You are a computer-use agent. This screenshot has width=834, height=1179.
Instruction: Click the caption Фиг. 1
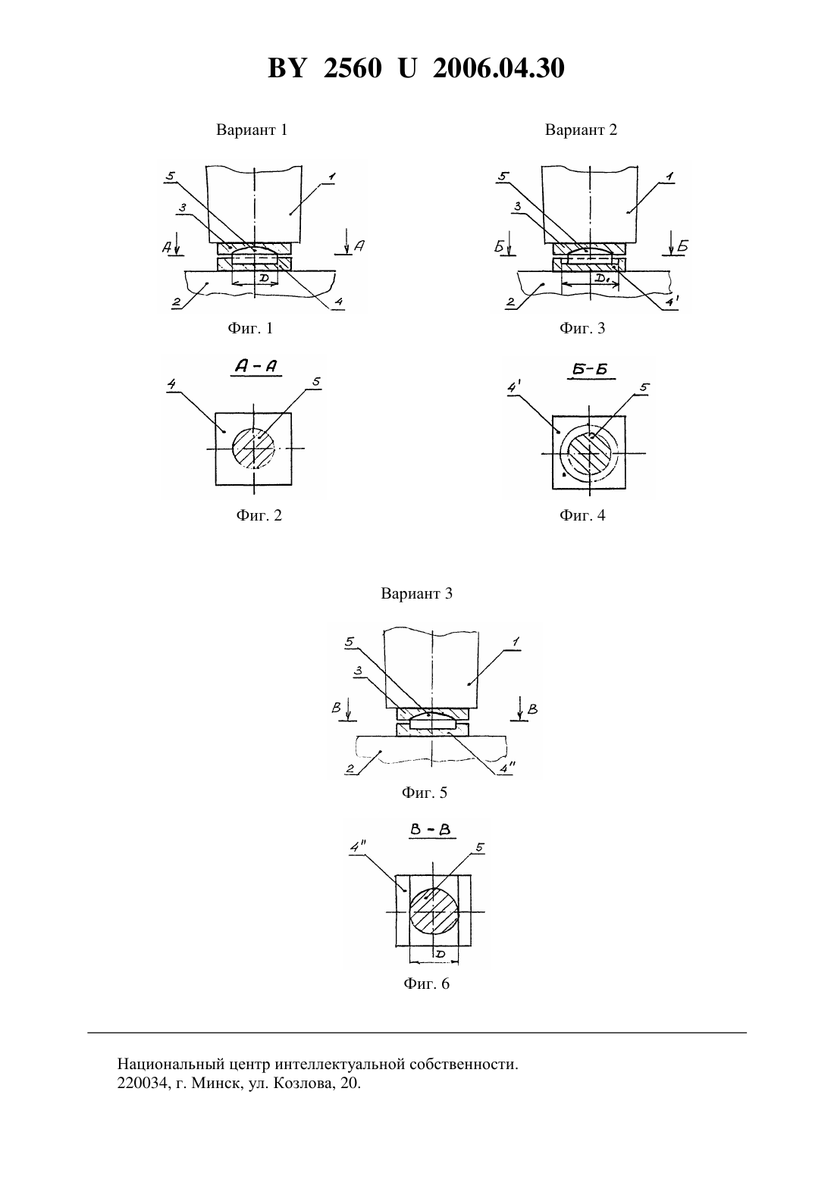[x=250, y=328]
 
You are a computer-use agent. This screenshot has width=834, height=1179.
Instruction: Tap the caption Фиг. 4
[x=582, y=514]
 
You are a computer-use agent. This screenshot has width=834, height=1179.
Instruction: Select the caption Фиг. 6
[x=426, y=984]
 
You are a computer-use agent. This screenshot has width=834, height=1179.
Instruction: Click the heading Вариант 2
[x=581, y=130]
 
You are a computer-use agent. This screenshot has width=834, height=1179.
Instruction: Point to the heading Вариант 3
[x=416, y=593]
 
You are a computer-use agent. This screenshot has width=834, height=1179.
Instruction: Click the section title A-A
[x=256, y=366]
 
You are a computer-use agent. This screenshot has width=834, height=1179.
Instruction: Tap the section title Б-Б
[x=590, y=370]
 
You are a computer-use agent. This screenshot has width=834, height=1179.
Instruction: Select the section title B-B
[x=430, y=830]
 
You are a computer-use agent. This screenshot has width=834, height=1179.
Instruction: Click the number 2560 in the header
[x=353, y=68]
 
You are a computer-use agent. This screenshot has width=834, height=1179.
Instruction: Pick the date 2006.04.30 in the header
[x=499, y=68]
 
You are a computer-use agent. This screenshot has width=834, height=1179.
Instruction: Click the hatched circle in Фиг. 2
[x=254, y=449]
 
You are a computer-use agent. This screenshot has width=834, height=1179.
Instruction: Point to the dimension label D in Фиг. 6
[x=441, y=954]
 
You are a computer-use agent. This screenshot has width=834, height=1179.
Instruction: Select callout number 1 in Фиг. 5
[x=516, y=642]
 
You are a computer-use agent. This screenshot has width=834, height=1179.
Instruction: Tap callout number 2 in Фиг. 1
[x=177, y=302]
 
